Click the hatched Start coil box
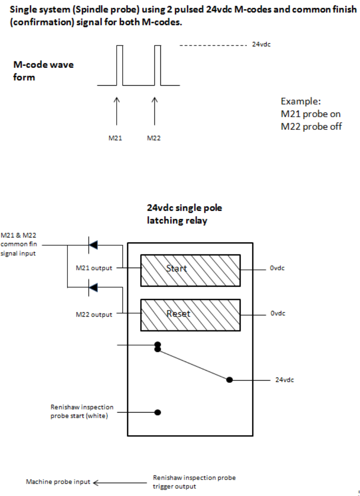tap(190, 270)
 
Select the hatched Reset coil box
tap(190, 315)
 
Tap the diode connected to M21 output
tap(93, 245)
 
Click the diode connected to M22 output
tap(93, 287)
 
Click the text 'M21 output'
tap(94, 268)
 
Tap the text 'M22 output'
tap(94, 315)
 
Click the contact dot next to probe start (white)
tap(158, 412)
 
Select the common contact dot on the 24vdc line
tap(230, 380)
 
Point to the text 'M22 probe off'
tap(311, 126)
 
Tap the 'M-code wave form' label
tap(43, 71)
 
